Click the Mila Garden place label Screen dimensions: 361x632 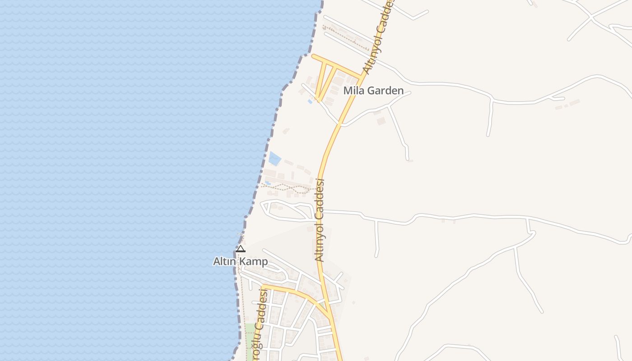[x=373, y=90]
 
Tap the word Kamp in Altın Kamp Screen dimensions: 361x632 [x=253, y=261]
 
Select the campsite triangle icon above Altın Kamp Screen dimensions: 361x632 [x=241, y=249]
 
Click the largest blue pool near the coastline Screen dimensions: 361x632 [x=274, y=158]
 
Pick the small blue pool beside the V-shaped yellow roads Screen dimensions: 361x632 [x=310, y=102]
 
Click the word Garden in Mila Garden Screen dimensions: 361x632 [x=385, y=90]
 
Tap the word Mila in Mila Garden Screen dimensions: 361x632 [x=353, y=90]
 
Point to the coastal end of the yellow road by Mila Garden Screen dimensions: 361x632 [x=313, y=56]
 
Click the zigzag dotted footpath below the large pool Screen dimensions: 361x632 [x=289, y=187]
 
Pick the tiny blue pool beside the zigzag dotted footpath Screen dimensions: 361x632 [x=268, y=183]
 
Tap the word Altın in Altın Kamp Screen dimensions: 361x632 [x=225, y=261]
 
